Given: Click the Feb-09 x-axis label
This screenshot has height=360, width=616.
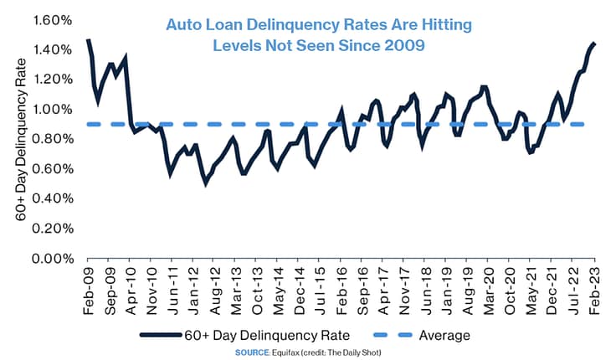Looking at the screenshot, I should click(x=89, y=291).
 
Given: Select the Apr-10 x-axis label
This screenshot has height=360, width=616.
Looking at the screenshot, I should click(x=131, y=291).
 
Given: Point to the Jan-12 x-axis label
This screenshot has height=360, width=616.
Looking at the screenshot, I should click(x=194, y=291).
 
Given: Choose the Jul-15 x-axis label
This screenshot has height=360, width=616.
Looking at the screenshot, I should click(x=321, y=291).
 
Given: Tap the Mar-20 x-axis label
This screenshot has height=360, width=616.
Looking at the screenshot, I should click(x=489, y=291).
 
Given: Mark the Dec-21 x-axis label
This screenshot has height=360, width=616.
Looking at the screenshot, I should click(x=552, y=291).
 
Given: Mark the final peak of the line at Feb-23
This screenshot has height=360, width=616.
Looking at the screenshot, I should click(x=593, y=43).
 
